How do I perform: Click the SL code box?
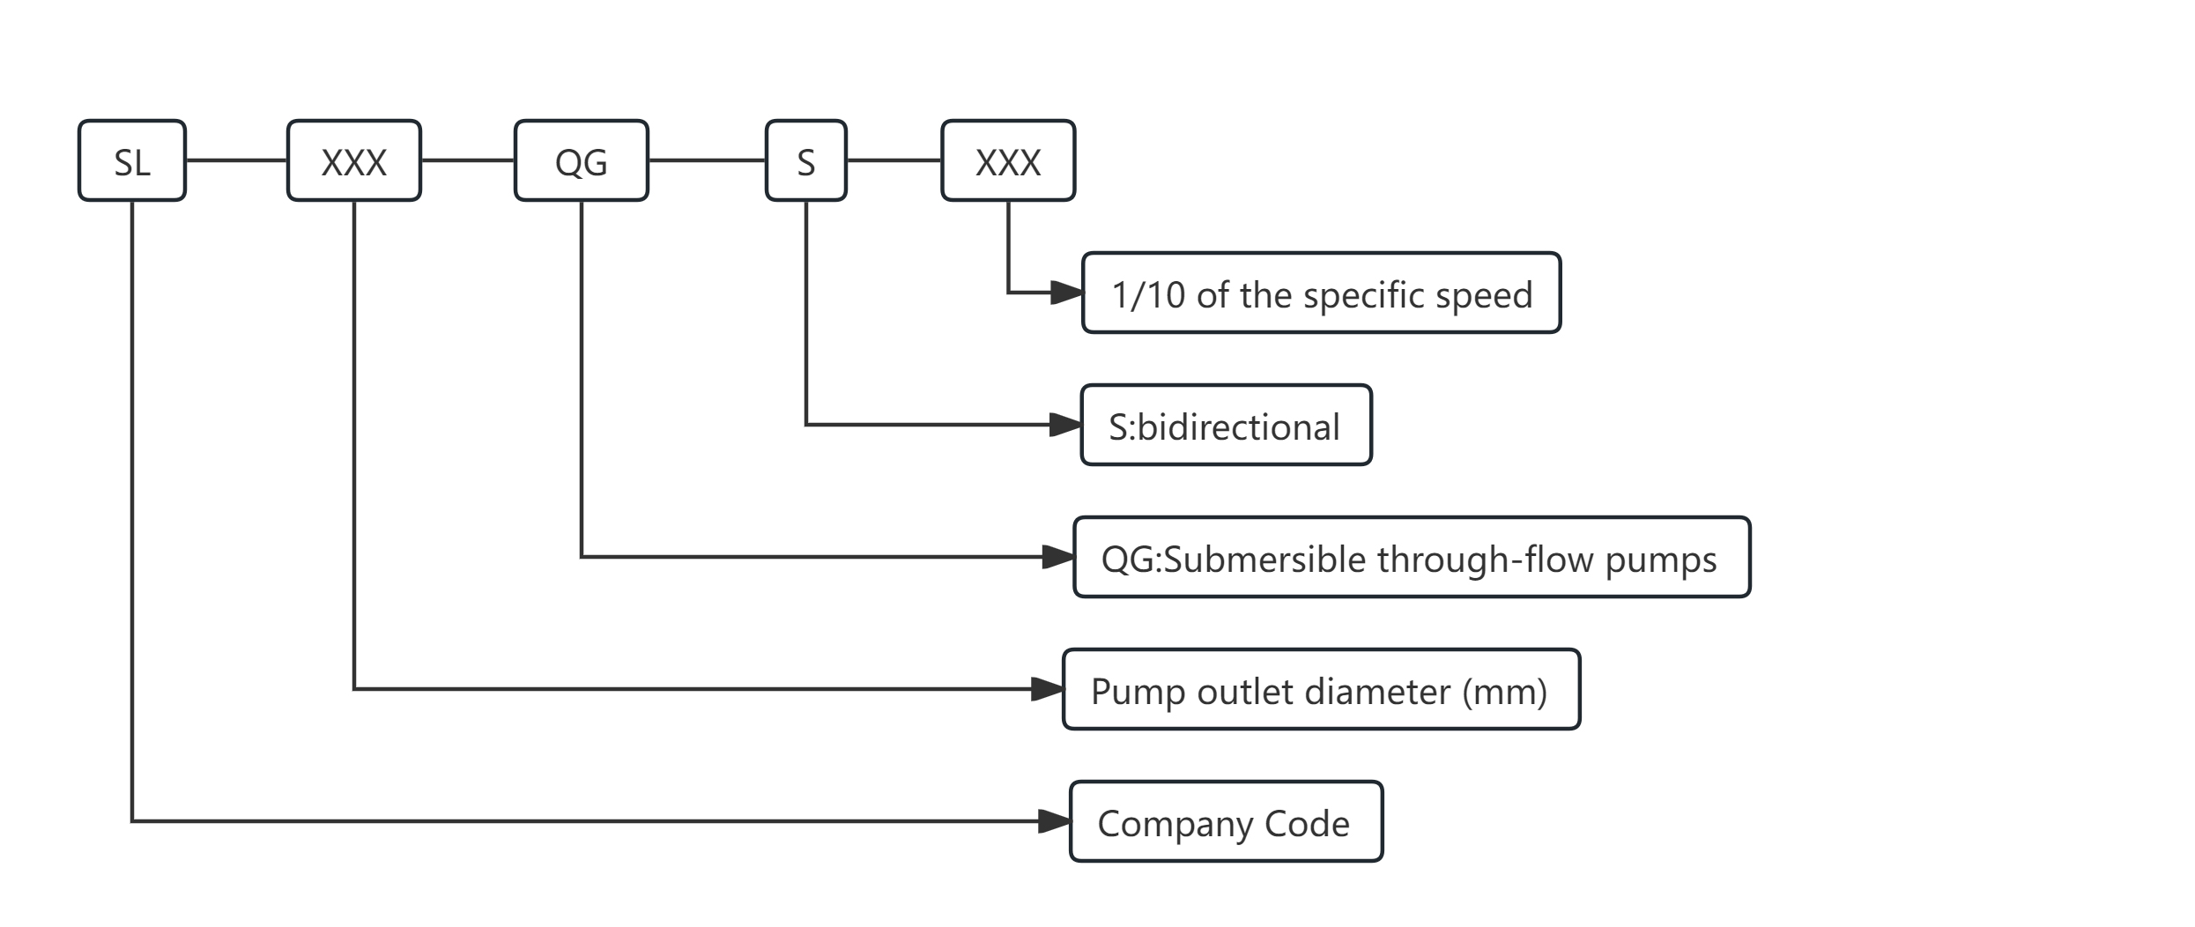click(x=132, y=161)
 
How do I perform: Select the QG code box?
click(x=582, y=161)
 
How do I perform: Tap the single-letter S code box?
click(x=806, y=161)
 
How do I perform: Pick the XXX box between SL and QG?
click(x=354, y=161)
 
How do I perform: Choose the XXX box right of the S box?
click(x=1008, y=161)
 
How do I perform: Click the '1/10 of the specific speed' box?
click(x=1321, y=293)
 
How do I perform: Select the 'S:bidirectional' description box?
click(x=1226, y=426)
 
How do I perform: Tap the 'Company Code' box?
click(x=1226, y=822)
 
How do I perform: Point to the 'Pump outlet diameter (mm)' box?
click(x=1321, y=690)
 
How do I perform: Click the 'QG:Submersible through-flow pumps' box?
click(x=1412, y=558)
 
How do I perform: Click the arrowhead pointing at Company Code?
click(x=1054, y=822)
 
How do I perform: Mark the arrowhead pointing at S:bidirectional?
click(x=1065, y=426)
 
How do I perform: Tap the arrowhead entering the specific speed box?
click(x=1067, y=293)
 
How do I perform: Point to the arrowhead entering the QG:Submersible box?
click(x=1057, y=558)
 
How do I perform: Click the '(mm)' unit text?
click(x=1505, y=692)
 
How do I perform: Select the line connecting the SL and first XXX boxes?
click(x=236, y=160)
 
